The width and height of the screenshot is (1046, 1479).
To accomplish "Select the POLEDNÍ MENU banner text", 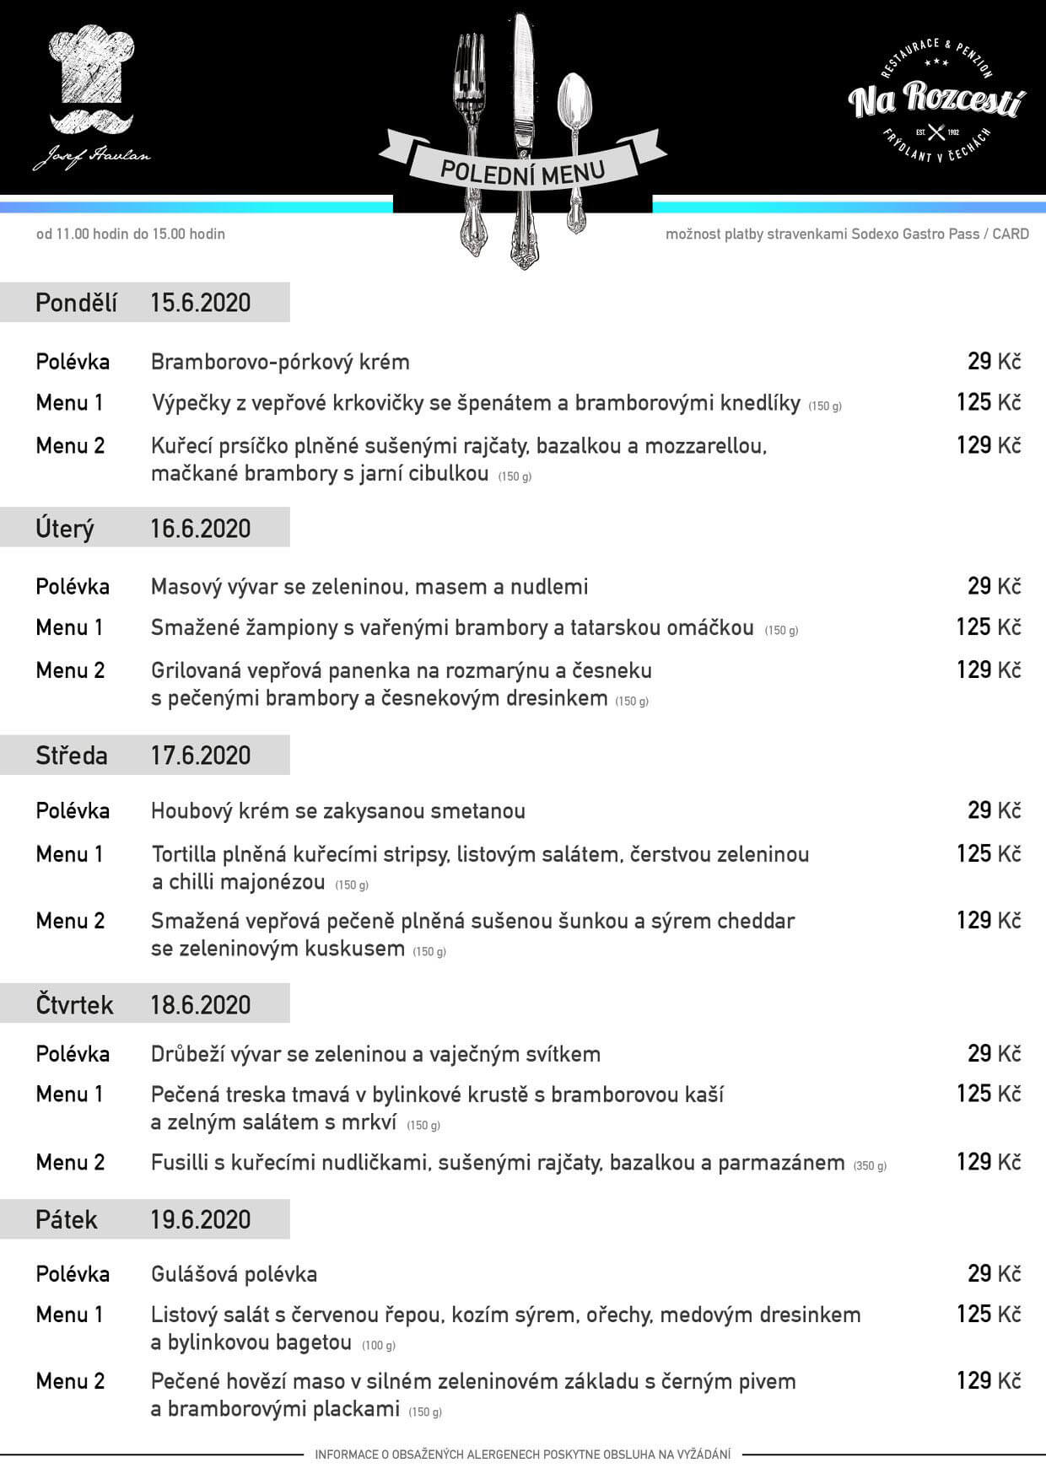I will [x=522, y=169].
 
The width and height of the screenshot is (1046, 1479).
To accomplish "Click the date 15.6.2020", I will [x=200, y=303].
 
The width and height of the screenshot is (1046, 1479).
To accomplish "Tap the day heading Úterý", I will [x=65, y=529].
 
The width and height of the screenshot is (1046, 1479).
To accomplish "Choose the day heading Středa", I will [x=72, y=756].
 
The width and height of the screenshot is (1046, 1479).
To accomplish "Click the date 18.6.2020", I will [x=200, y=1005].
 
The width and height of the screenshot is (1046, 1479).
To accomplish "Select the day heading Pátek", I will [x=67, y=1220].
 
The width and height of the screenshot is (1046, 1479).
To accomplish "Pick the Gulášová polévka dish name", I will [x=234, y=1274].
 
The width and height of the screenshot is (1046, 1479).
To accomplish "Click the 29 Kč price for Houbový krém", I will [x=994, y=811].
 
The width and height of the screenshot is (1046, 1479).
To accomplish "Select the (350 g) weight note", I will [x=870, y=1166].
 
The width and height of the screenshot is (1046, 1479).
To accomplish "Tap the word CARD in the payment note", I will [x=1010, y=234].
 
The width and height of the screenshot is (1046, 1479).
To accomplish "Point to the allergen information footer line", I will [x=523, y=1454].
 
